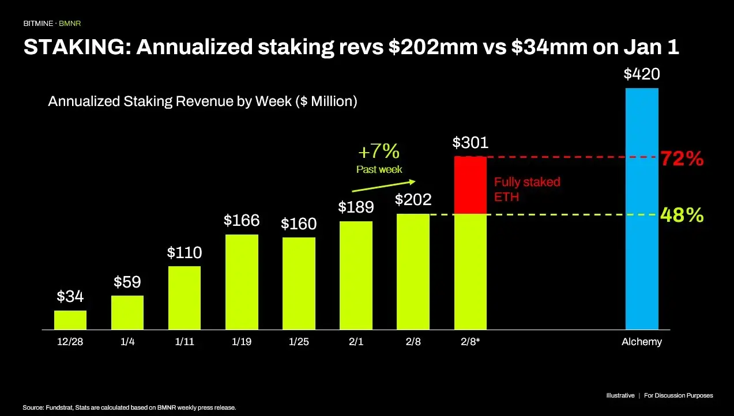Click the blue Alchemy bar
[642, 209]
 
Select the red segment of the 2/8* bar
[470, 185]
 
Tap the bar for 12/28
[70, 320]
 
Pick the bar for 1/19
[242, 282]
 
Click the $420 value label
[642, 74]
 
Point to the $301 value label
[470, 142]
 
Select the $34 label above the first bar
[70, 297]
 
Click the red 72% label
[682, 159]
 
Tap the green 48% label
[682, 215]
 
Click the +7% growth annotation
[379, 152]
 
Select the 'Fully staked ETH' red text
[526, 188]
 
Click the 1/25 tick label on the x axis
[299, 342]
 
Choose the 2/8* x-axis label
[470, 342]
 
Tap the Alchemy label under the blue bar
[642, 342]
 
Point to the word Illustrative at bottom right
[620, 396]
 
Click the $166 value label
[242, 221]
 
